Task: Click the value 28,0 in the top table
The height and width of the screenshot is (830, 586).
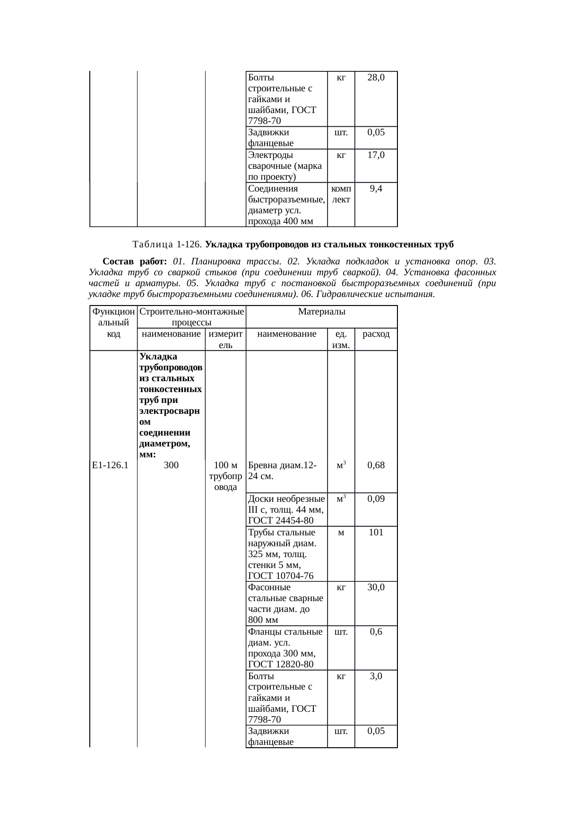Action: click(376, 78)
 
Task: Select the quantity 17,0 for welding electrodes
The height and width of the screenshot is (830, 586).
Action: click(376, 155)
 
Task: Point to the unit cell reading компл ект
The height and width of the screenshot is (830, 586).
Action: click(341, 194)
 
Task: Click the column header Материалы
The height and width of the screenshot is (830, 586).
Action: click(321, 312)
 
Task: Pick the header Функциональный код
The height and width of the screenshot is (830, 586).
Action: click(113, 323)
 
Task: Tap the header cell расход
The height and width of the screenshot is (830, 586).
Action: click(376, 334)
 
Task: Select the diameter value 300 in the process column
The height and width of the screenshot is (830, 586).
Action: click(171, 465)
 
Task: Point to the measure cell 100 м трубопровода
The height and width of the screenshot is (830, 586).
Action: click(225, 476)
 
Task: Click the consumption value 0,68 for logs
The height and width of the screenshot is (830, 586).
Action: click(376, 465)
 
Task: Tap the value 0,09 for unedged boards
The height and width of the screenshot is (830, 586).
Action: click(376, 499)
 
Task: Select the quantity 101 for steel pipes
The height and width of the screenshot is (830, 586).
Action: click(376, 533)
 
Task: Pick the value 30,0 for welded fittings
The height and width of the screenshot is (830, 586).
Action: click(376, 587)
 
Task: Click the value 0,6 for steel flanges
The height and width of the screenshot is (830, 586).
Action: click(376, 632)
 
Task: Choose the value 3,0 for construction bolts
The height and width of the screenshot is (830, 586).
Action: click(376, 676)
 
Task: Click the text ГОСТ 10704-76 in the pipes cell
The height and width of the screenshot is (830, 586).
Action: click(281, 576)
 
